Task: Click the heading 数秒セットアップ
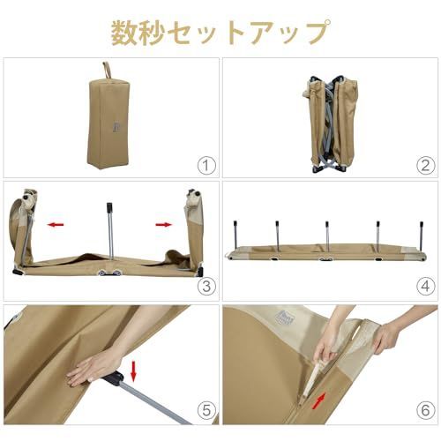(x=220, y=33)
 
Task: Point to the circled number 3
(x=206, y=287)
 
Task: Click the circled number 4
(x=424, y=287)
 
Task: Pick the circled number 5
(x=206, y=410)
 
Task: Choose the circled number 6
(x=424, y=410)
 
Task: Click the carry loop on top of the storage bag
(x=108, y=70)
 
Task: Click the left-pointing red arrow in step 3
(x=56, y=225)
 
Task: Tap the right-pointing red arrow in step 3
(x=164, y=225)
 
